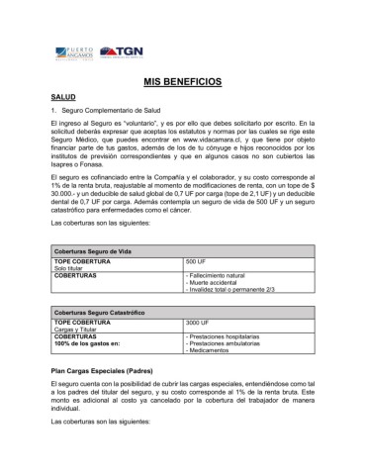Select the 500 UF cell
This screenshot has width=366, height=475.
pyautogui.click(x=196, y=261)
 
